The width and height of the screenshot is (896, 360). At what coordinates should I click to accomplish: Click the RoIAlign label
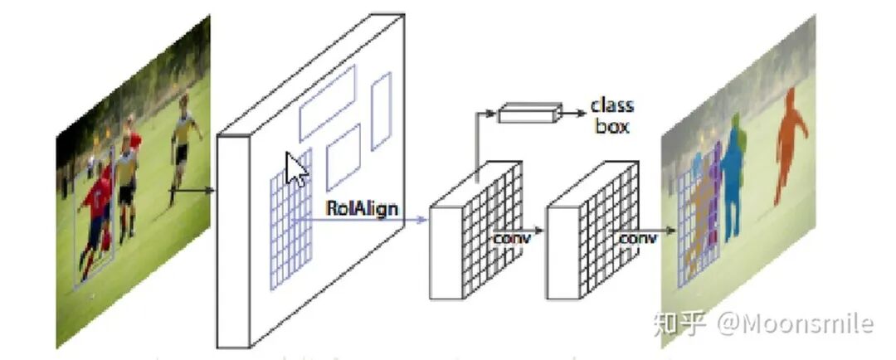(363, 207)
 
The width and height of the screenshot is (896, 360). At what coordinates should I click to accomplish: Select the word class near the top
(611, 105)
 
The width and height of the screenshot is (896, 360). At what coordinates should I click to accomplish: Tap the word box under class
(611, 126)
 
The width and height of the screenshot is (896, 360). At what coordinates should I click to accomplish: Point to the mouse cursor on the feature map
(295, 168)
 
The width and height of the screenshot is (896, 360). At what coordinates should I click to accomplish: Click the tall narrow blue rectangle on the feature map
(381, 110)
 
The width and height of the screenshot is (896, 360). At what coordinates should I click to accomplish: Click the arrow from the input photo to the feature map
(192, 192)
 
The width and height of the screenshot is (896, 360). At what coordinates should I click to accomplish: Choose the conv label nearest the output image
(637, 238)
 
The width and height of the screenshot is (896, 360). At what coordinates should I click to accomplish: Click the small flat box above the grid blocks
(528, 114)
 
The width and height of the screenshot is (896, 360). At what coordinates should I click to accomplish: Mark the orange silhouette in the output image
(789, 141)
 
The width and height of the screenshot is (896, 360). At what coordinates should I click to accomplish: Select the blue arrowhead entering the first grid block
(422, 220)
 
